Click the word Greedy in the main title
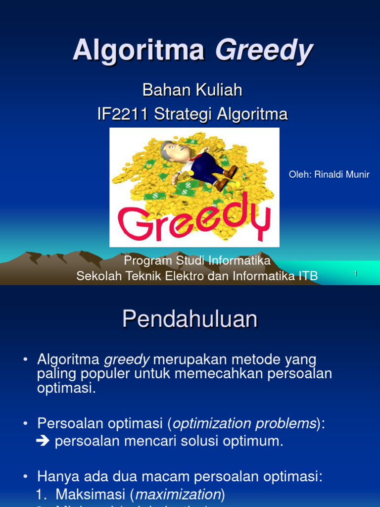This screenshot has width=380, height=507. point(264,50)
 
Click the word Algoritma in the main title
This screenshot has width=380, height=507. point(139,50)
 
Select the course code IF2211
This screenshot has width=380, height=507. point(123,114)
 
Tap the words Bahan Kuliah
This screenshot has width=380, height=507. point(192,90)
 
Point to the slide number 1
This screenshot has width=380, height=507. point(355,274)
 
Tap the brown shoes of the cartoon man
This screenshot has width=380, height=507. point(225,178)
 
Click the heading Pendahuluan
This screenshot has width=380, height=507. point(190,319)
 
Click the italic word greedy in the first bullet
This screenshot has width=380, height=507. point(126,359)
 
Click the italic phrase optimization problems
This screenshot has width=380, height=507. point(244,424)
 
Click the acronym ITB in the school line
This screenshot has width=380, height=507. point(307,276)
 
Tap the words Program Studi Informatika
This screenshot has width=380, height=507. point(197,260)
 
